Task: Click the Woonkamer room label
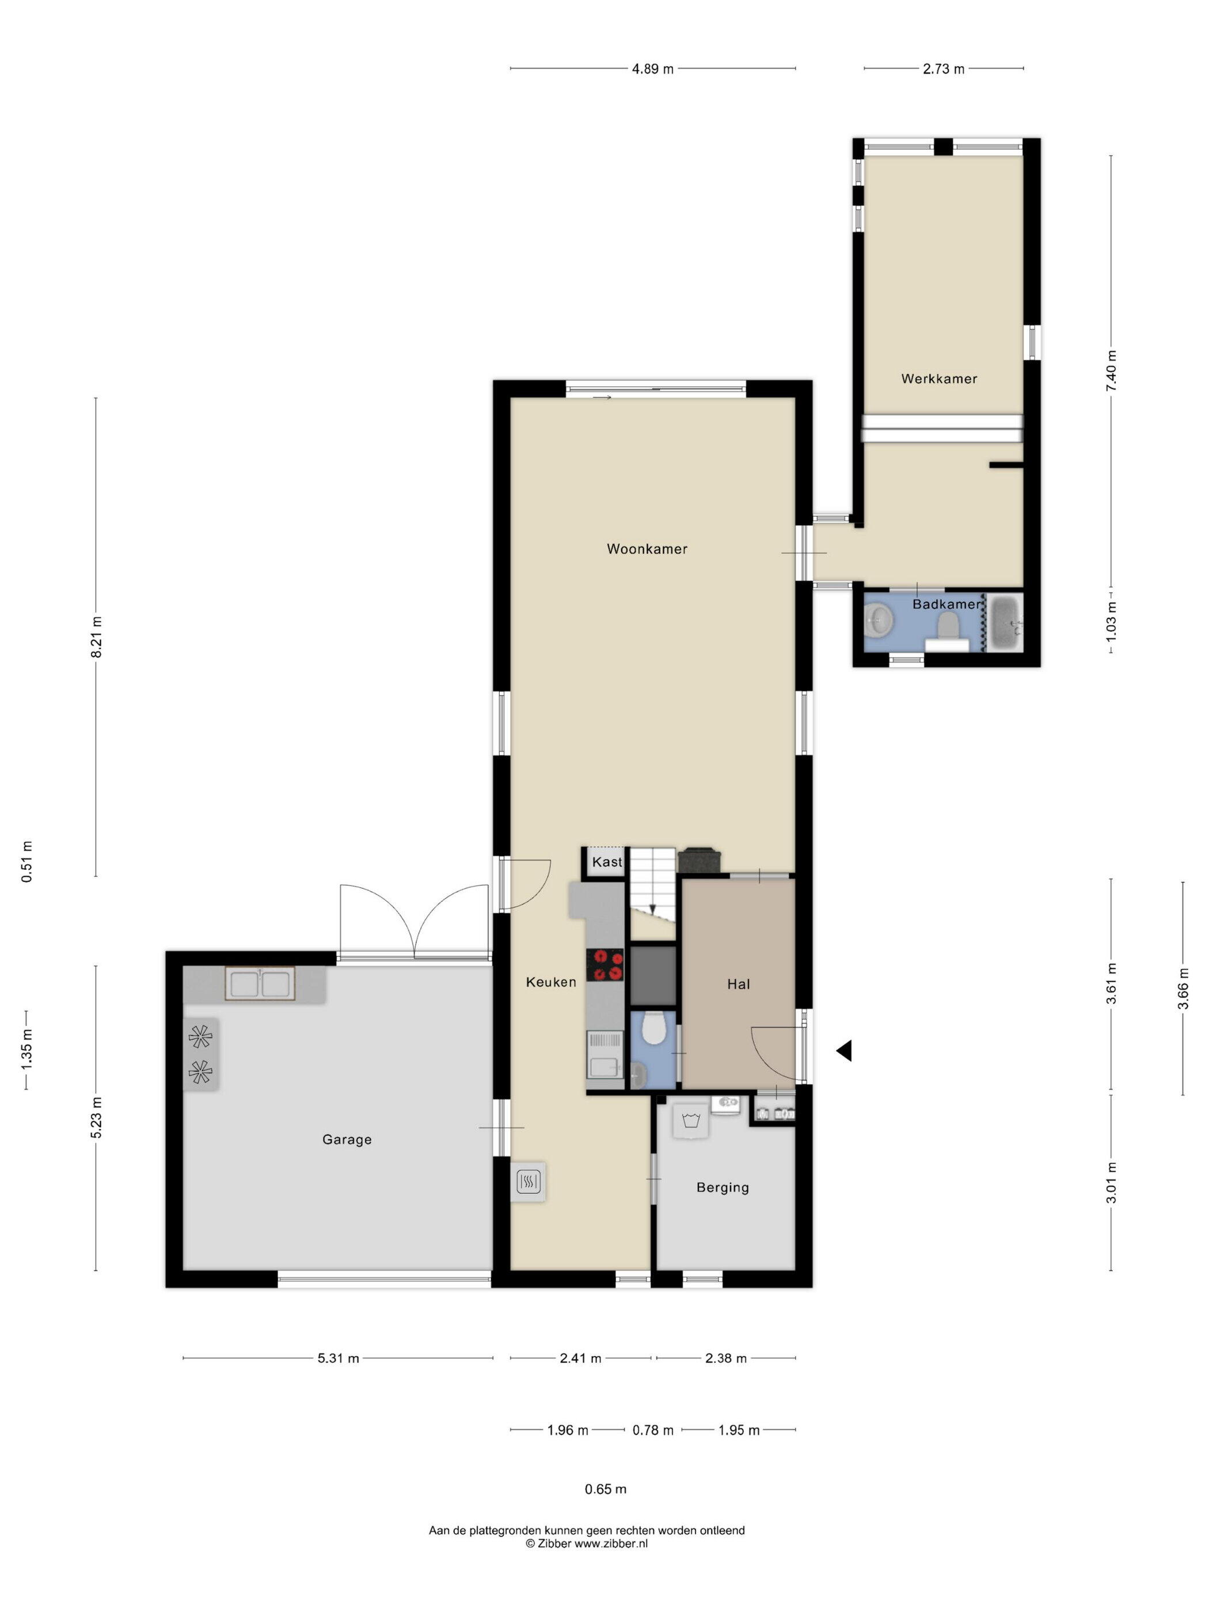pyautogui.click(x=647, y=549)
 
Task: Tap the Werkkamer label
pyautogui.click(x=938, y=379)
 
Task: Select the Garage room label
pyautogui.click(x=347, y=1140)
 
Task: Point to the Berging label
pyautogui.click(x=722, y=1188)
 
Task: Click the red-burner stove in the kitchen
pyautogui.click(x=605, y=965)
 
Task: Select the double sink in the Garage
pyautogui.click(x=260, y=984)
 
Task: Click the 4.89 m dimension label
pyautogui.click(x=652, y=69)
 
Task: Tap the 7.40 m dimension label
pyautogui.click(x=1111, y=372)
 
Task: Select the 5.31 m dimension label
pyautogui.click(x=338, y=1358)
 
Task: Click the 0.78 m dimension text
pyautogui.click(x=652, y=1430)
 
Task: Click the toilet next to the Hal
pyautogui.click(x=653, y=1028)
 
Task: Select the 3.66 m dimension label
pyautogui.click(x=1183, y=988)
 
